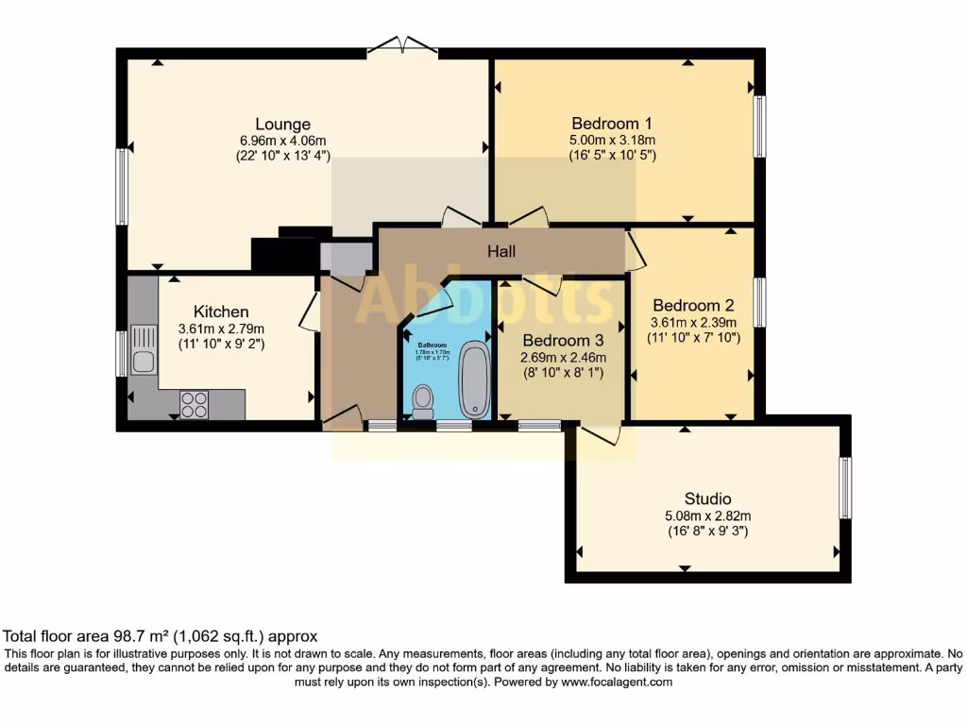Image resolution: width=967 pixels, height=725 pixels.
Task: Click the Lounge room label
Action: coord(282,124)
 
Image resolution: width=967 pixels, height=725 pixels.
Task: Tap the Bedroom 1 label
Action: coord(612,123)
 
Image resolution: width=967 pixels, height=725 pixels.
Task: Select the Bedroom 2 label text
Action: coord(693,305)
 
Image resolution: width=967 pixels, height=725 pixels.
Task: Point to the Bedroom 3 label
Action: coord(562,340)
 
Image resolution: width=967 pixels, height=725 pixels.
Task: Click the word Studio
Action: coord(707,498)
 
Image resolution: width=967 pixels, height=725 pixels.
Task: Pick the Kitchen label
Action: coord(221,312)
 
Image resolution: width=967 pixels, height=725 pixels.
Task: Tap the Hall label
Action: coord(500,251)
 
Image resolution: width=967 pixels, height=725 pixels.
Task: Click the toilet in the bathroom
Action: coord(422,400)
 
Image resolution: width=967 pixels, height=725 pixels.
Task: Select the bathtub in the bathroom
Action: coord(474,380)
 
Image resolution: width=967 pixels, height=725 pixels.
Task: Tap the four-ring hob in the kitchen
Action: coord(195,404)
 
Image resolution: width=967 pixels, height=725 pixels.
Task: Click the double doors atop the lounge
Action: coord(403,45)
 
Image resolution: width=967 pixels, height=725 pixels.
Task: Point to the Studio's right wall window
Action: coord(845,487)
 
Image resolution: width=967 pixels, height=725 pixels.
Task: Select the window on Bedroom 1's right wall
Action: coord(758,126)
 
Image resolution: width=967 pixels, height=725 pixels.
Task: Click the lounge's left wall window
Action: coord(122,187)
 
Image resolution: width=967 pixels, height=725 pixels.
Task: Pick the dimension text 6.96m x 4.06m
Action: coord(282,141)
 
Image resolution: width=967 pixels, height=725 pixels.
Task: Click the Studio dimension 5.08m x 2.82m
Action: coord(707,515)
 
